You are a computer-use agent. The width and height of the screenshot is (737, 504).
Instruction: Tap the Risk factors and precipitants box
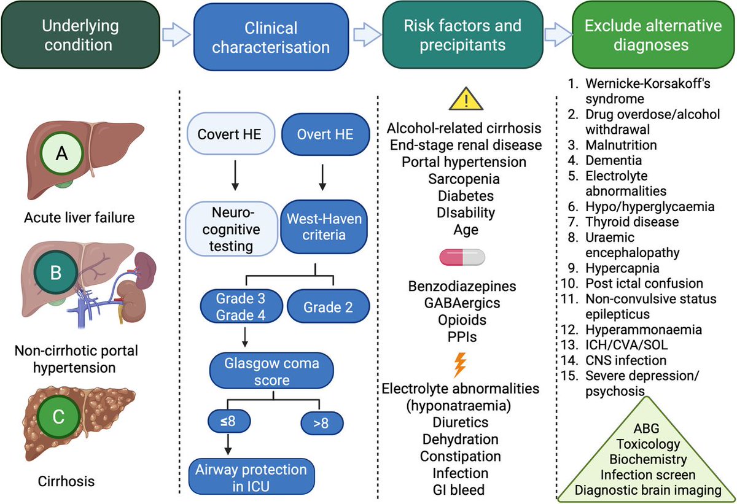tap(462, 36)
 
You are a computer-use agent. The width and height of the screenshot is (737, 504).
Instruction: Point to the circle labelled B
tap(56, 273)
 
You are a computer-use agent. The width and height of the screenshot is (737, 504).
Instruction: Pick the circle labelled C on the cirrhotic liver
tap(57, 417)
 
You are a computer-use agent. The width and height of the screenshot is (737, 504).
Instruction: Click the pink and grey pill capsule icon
tap(462, 257)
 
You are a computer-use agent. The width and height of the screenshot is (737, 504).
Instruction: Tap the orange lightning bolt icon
tap(459, 365)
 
